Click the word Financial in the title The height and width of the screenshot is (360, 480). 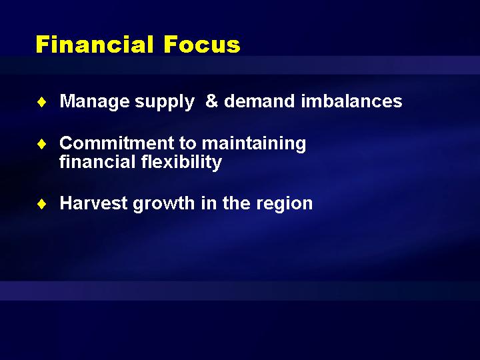[95, 45]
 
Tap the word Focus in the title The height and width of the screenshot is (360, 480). [202, 45]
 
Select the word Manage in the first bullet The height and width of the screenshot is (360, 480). [95, 101]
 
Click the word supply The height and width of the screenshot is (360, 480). [165, 101]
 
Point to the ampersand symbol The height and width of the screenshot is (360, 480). [211, 101]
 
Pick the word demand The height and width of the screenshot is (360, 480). [259, 101]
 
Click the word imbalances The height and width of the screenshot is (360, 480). [351, 101]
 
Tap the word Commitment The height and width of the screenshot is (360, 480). [117, 143]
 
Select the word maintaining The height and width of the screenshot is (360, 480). [254, 143]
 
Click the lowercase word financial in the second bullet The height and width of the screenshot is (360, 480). [97, 161]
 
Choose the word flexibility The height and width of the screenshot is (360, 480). [181, 162]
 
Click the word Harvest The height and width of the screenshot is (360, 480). [94, 203]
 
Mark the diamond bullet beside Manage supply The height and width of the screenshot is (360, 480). [41, 102]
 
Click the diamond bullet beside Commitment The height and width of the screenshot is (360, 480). [41, 144]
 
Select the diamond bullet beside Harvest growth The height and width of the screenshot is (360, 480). [41, 203]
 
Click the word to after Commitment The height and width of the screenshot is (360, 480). [187, 143]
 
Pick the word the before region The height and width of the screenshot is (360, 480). [237, 203]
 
